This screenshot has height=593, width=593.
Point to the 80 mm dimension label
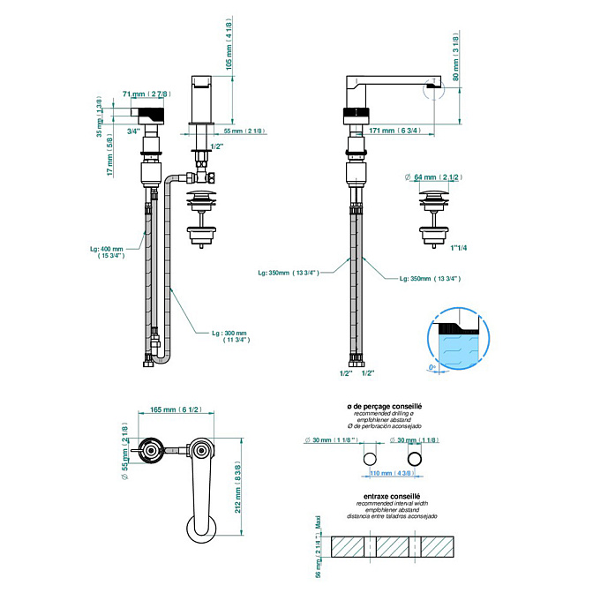pyautogui.click(x=456, y=58)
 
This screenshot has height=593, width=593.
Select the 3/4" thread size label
pyautogui.click(x=133, y=131)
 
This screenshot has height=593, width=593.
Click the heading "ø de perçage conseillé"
pyautogui.click(x=385, y=406)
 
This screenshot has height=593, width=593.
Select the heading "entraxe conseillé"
pyautogui.click(x=385, y=497)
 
